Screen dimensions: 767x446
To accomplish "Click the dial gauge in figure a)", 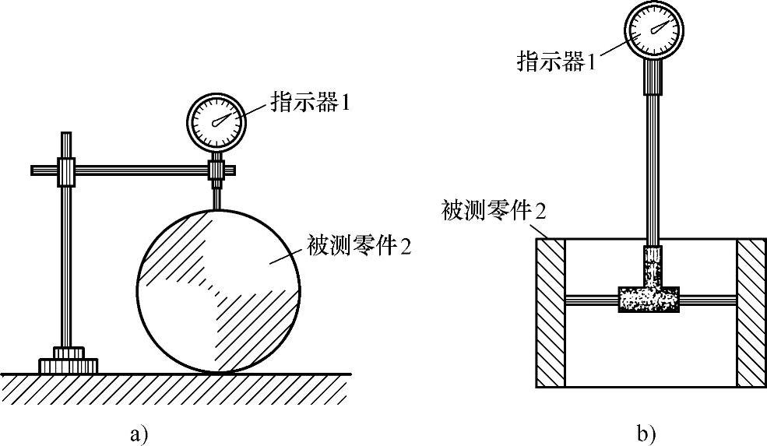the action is (x=216, y=121).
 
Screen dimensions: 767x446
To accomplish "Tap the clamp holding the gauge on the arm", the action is (x=216, y=170).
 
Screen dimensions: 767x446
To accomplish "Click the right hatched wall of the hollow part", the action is (x=752, y=312).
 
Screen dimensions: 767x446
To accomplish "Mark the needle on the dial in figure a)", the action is (x=223, y=118).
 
